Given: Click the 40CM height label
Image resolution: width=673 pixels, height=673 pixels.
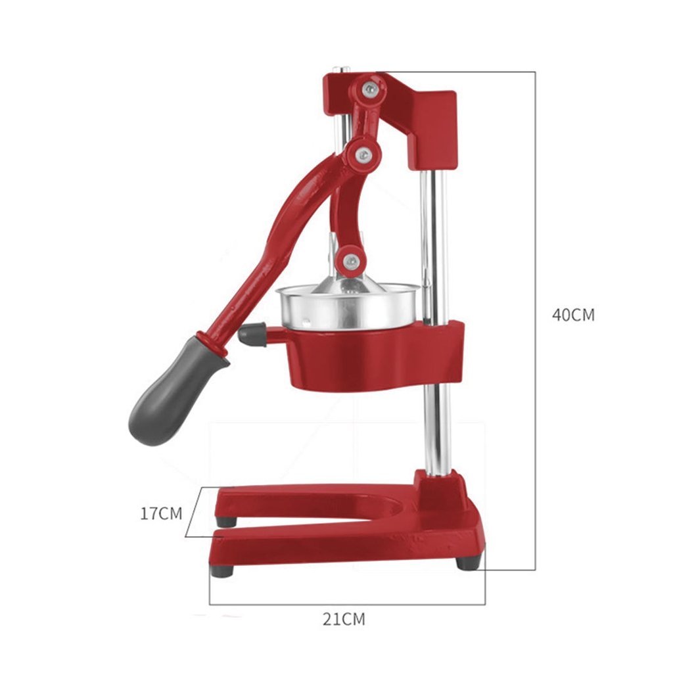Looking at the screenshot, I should coord(572,315).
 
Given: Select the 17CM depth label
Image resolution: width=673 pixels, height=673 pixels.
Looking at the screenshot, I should coord(160,513).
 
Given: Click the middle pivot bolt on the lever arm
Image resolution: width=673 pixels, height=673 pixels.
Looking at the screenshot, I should coord(362,154).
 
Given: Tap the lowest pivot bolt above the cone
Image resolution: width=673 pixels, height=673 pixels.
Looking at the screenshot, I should coord(350,260).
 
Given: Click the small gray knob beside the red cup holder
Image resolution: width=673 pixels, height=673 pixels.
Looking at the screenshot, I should coord(252,335).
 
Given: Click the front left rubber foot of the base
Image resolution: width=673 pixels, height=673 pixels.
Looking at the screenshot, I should coord(222,570).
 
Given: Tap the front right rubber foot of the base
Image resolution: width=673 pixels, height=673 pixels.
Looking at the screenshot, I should coord(468,562).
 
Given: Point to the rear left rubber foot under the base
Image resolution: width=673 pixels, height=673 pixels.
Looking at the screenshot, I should coord(227,521).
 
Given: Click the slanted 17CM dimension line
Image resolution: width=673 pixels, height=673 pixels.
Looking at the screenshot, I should coord(192,513).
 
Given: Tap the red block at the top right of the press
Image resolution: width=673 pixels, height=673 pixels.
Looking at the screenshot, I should coord(430,125).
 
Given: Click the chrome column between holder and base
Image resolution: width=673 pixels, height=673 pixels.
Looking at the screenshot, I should coord(438,427).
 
